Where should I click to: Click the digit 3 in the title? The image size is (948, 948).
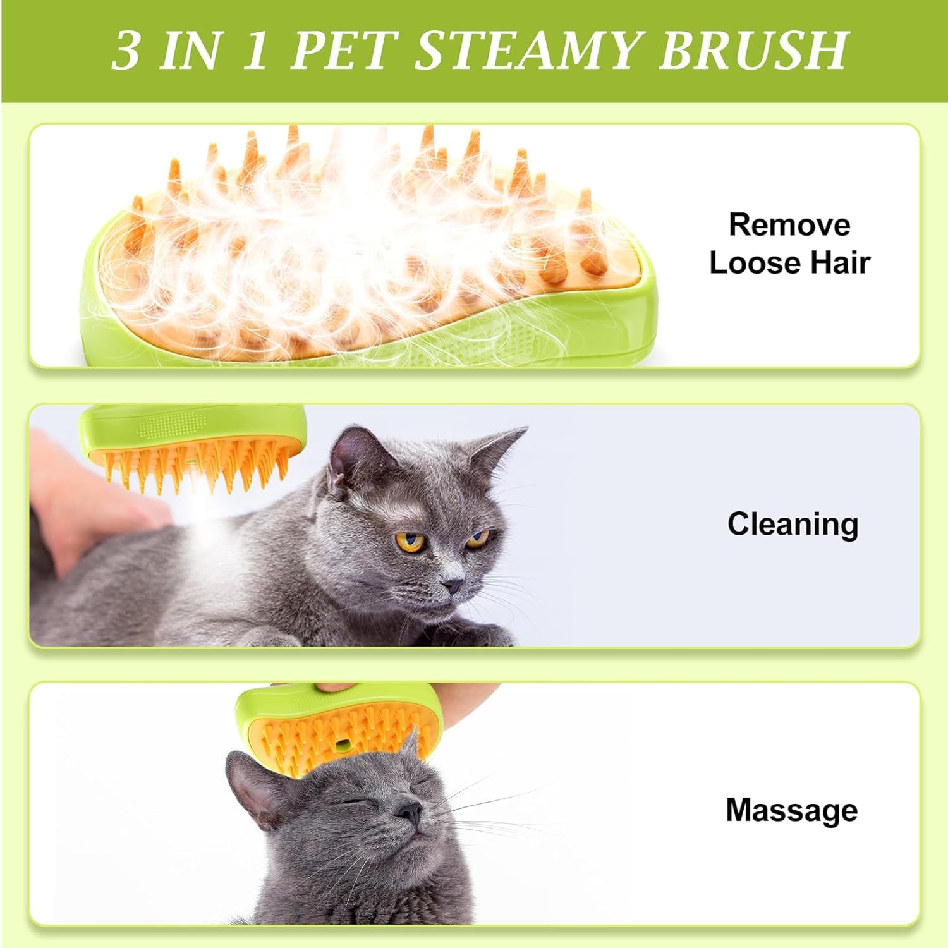point(126,51)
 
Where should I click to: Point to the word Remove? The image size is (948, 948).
point(789,225)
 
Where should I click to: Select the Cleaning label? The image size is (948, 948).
point(793,524)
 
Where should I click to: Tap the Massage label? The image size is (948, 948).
point(791,810)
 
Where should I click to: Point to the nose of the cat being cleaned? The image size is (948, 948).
point(453,585)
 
